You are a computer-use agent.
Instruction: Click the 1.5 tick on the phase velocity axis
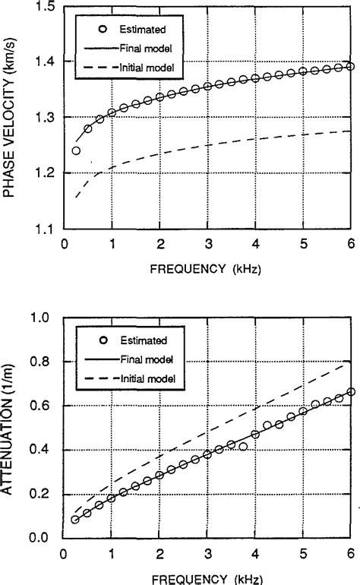pyautogui.click(x=45, y=7)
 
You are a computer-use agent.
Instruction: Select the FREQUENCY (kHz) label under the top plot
pyautogui.click(x=207, y=270)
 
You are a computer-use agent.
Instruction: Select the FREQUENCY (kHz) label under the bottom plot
pyautogui.click(x=207, y=578)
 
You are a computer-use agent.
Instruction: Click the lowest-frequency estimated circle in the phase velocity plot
pyautogui.click(x=76, y=150)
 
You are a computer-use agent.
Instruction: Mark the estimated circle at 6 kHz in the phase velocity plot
pyautogui.click(x=349, y=67)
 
